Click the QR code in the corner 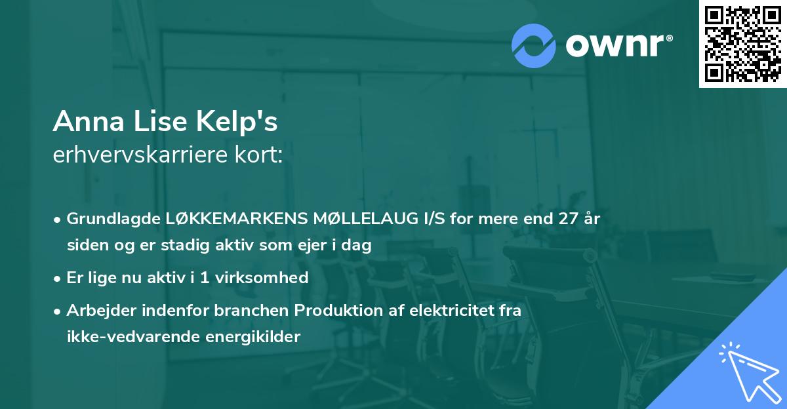tap(743, 43)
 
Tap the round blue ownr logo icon tap(535, 45)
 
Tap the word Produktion tap(328, 311)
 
